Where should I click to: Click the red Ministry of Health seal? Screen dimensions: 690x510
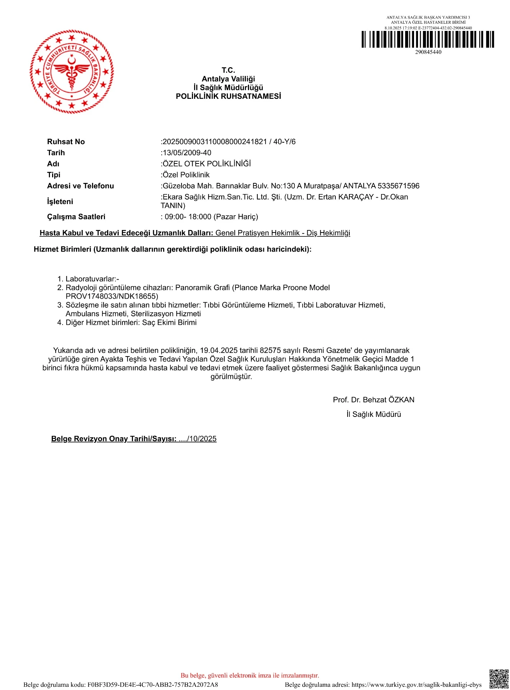click(72, 72)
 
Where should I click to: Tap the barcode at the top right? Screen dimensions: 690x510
click(428, 40)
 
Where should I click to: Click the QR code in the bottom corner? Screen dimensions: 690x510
click(499, 678)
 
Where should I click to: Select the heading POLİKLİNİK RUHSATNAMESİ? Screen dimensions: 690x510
click(228, 96)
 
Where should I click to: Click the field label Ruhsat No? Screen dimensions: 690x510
click(66, 142)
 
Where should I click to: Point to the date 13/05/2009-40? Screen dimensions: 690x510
click(187, 153)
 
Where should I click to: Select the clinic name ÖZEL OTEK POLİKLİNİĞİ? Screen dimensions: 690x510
click(207, 164)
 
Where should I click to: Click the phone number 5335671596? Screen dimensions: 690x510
click(399, 186)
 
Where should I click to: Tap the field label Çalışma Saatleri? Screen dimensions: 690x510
click(76, 217)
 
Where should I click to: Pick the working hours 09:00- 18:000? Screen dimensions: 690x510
click(188, 217)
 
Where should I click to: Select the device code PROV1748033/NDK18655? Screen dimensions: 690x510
click(111, 296)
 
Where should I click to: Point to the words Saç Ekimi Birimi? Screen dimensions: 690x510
click(169, 322)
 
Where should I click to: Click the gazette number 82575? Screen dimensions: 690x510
click(270, 350)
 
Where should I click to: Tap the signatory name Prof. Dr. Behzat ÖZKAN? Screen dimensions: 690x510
click(373, 400)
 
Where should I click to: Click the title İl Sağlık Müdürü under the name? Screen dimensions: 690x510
click(373, 414)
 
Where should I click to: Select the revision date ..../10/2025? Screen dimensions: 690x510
click(198, 439)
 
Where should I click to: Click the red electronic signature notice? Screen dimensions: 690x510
click(250, 675)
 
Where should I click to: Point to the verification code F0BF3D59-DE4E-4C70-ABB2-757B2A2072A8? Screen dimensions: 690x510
click(153, 685)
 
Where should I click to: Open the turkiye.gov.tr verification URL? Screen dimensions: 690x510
click(416, 685)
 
